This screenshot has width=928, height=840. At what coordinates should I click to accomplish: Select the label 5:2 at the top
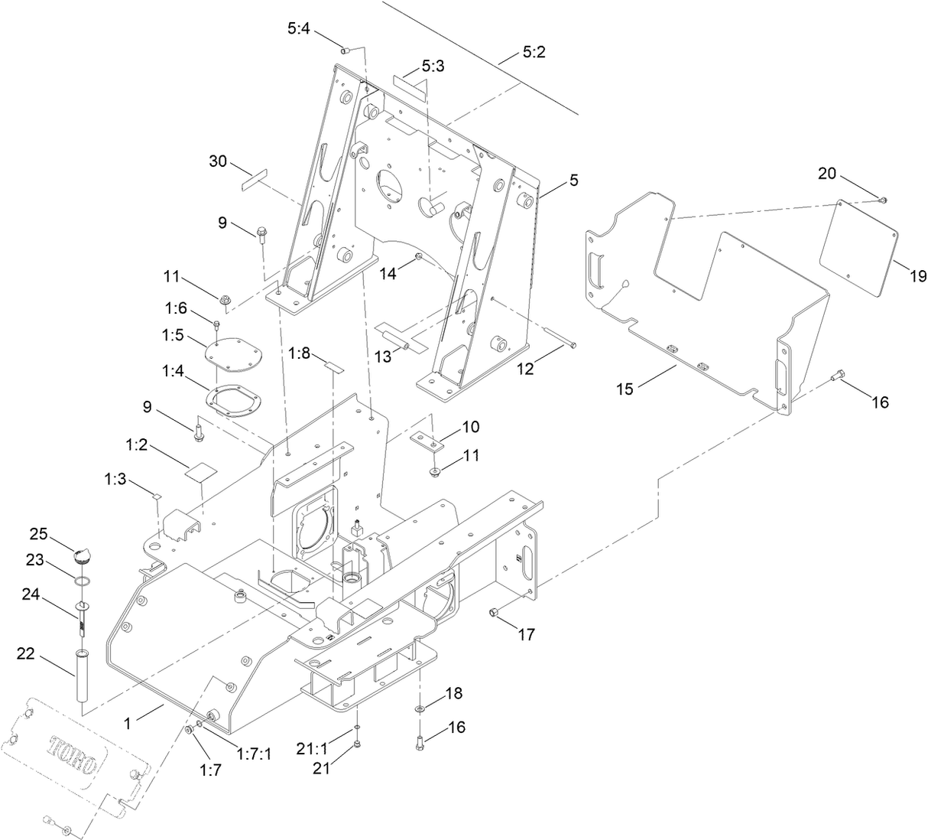[x=534, y=53]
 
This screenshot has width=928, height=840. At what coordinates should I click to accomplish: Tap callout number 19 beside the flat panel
[x=917, y=276]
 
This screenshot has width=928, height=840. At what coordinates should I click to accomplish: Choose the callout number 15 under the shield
[x=625, y=389]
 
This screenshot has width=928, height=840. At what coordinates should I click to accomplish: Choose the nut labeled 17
[x=494, y=612]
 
